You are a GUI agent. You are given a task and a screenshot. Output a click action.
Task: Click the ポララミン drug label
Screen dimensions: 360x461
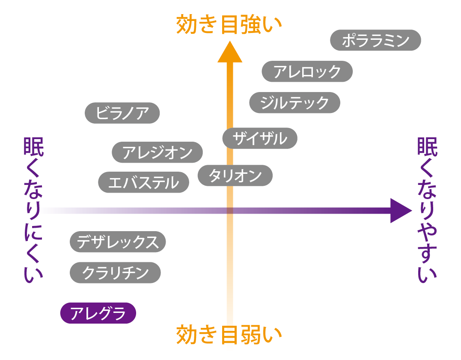click(376, 40)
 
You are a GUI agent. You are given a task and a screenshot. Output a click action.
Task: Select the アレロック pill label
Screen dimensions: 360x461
click(307, 71)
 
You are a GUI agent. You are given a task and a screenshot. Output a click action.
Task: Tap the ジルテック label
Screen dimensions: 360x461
click(294, 103)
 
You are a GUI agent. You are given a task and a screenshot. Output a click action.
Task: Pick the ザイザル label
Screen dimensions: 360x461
click(260, 138)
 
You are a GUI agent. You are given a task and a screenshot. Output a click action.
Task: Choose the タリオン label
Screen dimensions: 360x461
click(235, 176)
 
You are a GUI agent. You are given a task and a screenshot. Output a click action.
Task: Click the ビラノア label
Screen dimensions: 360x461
click(122, 113)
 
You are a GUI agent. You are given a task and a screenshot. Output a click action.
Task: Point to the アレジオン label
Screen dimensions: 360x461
click(157, 152)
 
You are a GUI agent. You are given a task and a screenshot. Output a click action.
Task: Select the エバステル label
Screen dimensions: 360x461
click(143, 182)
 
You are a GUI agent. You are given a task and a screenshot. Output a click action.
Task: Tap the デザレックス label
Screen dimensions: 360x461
click(118, 242)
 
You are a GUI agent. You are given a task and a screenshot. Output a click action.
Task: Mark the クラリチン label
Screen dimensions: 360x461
click(115, 273)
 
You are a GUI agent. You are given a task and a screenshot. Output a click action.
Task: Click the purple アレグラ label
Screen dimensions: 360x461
click(98, 313)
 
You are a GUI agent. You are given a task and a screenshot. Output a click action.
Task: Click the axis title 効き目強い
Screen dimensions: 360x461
click(229, 24)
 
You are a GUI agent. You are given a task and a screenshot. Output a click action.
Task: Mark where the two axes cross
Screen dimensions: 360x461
click(230, 211)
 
